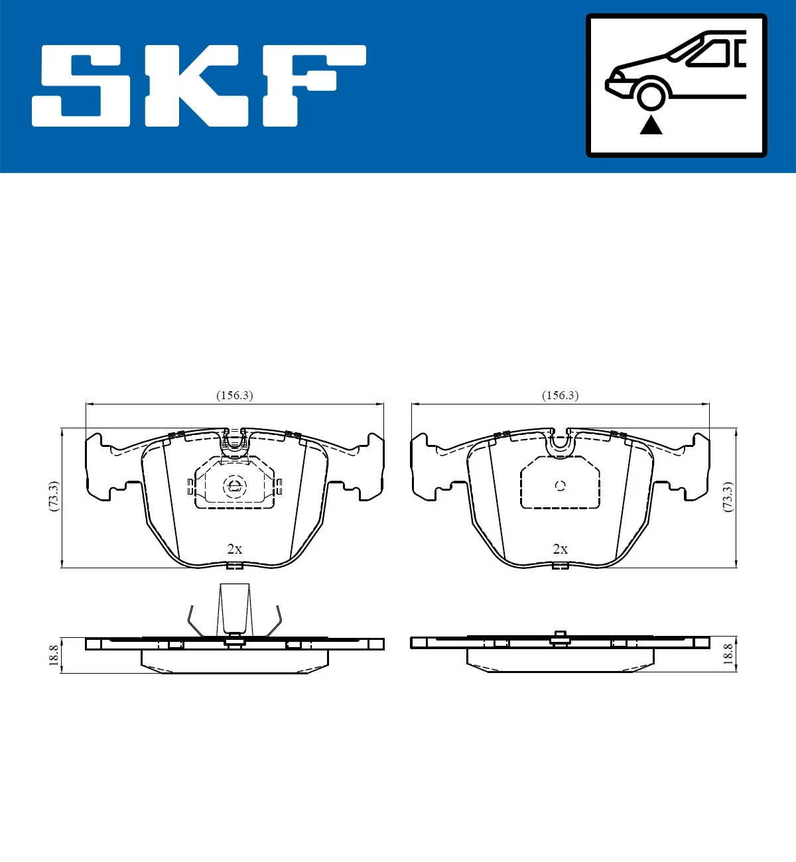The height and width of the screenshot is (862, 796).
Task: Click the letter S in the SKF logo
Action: click(82, 86)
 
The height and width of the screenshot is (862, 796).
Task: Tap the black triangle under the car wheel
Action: click(651, 125)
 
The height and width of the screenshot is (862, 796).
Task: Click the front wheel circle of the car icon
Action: click(651, 94)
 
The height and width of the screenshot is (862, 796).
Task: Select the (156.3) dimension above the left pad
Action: click(234, 395)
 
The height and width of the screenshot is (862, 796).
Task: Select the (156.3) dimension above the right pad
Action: click(560, 395)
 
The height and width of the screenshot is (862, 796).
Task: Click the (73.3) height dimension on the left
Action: click(54, 496)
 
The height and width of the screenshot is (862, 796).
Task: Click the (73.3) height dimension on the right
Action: click(728, 496)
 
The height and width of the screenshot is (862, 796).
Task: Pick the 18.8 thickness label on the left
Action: click(54, 655)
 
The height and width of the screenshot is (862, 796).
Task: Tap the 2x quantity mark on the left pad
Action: click(234, 549)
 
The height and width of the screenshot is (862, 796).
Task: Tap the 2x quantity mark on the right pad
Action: click(560, 549)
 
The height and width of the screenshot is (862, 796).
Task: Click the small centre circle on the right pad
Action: click(561, 485)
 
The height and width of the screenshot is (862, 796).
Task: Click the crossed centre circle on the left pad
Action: click(234, 486)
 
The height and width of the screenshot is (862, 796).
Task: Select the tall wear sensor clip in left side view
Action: click(235, 609)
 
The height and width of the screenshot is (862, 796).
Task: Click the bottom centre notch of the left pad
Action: click(234, 566)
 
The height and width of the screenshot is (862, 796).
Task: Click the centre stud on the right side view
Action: click(560, 638)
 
